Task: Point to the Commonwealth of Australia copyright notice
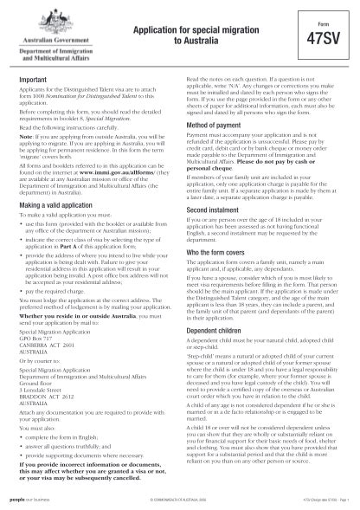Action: pos(182,500)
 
